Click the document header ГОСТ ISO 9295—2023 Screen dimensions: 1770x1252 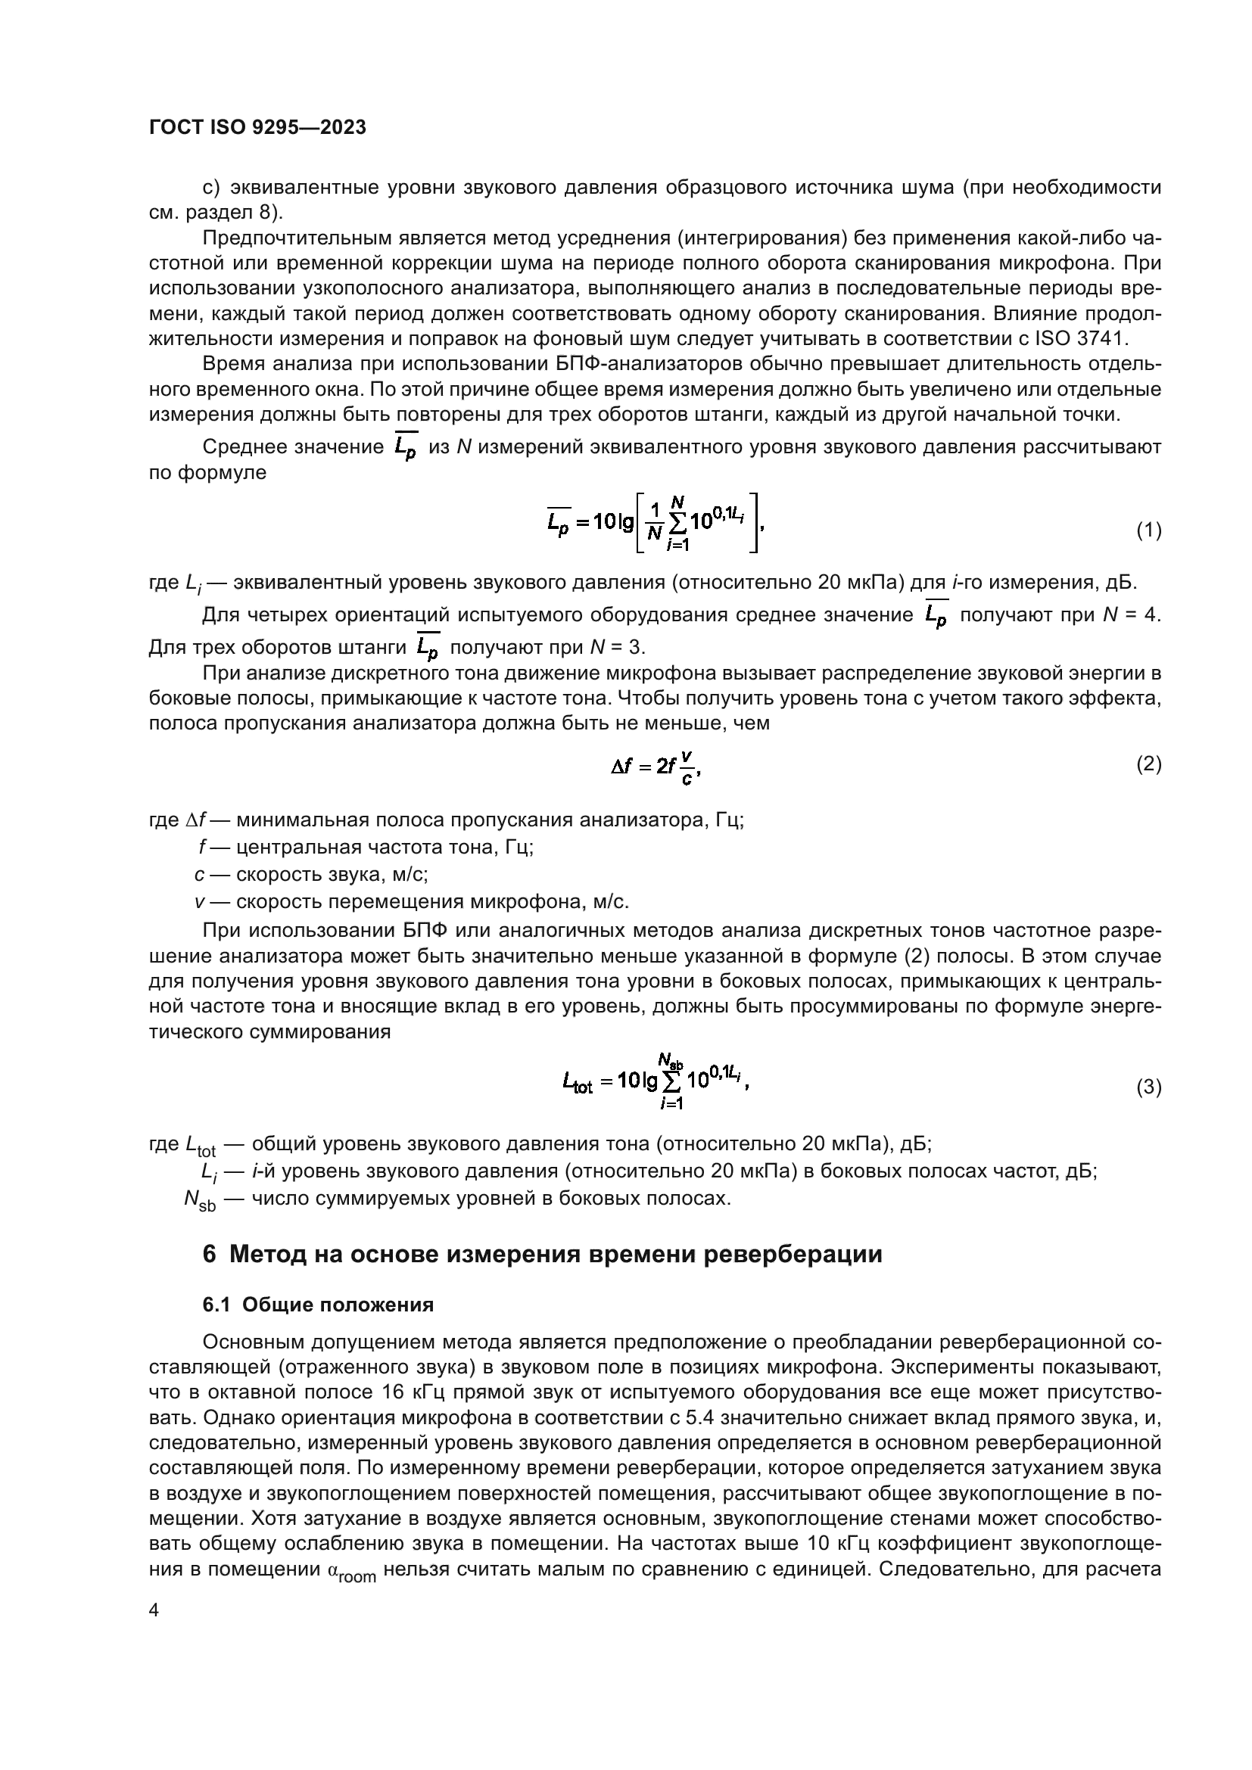(257, 128)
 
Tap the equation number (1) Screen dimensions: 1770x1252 (1149, 530)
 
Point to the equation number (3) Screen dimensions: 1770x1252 (1149, 1087)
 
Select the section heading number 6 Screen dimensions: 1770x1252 (209, 1254)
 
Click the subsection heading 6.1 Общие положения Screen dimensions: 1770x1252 (318, 1305)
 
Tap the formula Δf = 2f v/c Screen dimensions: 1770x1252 (656, 767)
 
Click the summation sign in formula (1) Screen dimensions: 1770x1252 (677, 524)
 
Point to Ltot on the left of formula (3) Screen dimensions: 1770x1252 (578, 1084)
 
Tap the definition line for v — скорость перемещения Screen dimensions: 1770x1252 (412, 901)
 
